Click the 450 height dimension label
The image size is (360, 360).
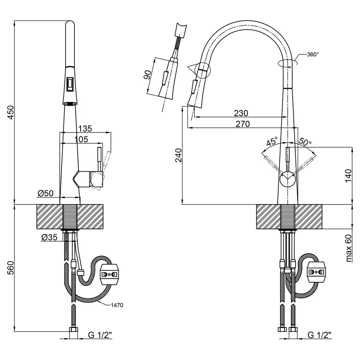[11, 112]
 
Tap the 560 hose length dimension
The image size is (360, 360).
[11, 268]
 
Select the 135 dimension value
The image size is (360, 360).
[85, 129]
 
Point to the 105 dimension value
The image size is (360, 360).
[81, 139]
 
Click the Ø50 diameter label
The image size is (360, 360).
[45, 193]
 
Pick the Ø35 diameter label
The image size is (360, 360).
[49, 237]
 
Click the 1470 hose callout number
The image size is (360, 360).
[117, 305]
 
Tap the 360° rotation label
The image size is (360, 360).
[313, 54]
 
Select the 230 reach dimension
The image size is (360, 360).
[241, 113]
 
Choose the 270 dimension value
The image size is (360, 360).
[243, 124]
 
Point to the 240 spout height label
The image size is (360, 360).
[179, 155]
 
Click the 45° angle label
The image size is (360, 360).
[272, 141]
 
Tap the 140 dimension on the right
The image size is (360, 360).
[348, 176]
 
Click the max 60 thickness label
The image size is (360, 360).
[348, 248]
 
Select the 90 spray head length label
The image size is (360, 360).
[148, 75]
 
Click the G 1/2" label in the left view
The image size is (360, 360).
[100, 335]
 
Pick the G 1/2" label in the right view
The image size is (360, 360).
[320, 335]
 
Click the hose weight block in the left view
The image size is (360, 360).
[109, 274]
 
